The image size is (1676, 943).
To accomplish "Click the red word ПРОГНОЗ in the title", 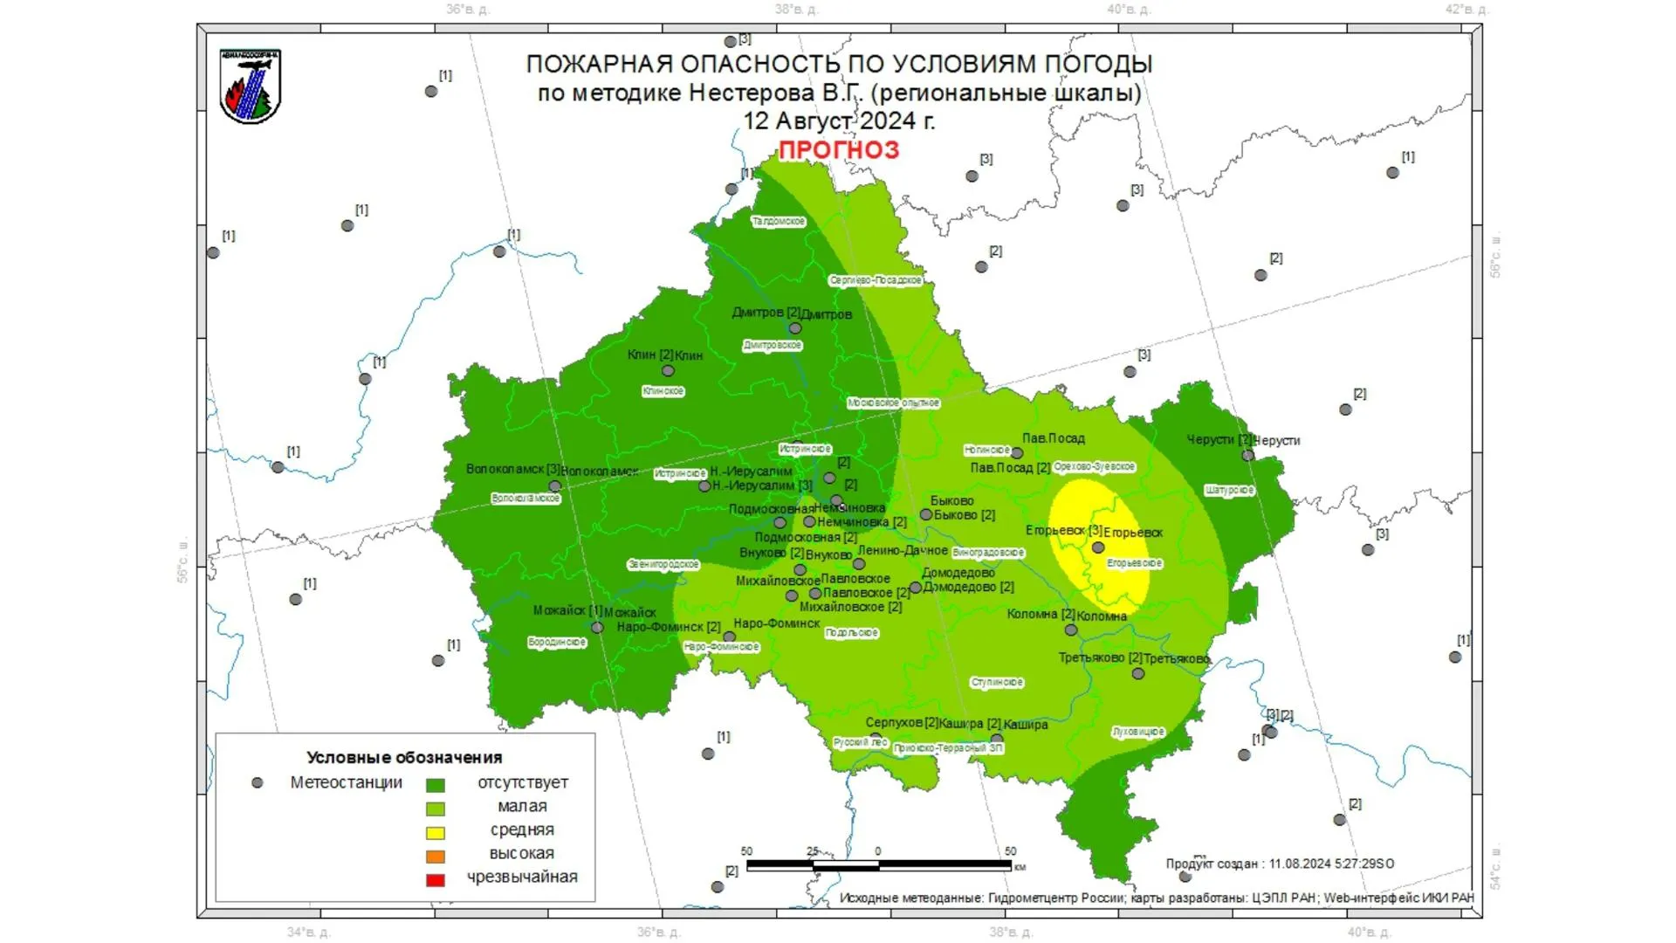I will click(x=838, y=150).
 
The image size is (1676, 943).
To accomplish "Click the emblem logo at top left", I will click(x=251, y=86).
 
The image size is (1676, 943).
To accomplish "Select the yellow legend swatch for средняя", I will click(x=435, y=833).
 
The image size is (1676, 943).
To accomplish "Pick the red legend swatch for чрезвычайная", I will click(x=435, y=880).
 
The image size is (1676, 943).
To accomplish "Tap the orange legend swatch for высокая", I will click(x=435, y=857).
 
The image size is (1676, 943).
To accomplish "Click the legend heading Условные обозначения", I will click(x=404, y=758).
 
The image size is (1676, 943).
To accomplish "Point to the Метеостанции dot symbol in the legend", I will click(x=257, y=783).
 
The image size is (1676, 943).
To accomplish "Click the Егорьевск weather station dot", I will click(x=1098, y=547).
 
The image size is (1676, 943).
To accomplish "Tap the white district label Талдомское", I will click(x=779, y=222).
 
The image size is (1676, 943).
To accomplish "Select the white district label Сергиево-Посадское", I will click(x=876, y=280).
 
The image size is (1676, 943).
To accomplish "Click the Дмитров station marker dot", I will click(x=794, y=328).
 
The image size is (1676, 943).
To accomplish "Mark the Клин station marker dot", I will click(x=668, y=370).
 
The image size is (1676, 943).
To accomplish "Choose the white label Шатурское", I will click(x=1229, y=491).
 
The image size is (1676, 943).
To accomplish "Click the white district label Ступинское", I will click(x=997, y=683).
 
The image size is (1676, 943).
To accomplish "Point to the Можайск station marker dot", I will click(x=597, y=627).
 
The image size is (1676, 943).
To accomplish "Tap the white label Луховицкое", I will click(x=1138, y=732).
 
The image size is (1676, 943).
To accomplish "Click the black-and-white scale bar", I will click(x=878, y=865).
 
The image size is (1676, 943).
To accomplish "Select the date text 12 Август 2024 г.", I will click(x=838, y=121).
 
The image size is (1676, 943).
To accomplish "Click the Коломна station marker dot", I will click(x=1071, y=630).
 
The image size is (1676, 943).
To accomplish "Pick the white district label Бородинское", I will click(x=557, y=643).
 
